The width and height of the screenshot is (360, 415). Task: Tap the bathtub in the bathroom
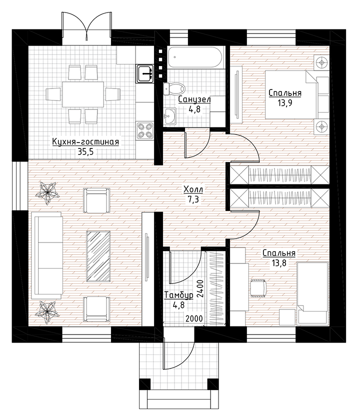pyautogui.click(x=196, y=57)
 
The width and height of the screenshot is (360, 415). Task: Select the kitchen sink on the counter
pyautogui.click(x=145, y=73)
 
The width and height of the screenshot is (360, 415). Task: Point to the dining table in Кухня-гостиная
pyautogui.click(x=82, y=94)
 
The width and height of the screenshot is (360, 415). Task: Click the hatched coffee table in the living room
pyautogui.click(x=98, y=255)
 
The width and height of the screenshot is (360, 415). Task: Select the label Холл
pyautogui.click(x=193, y=189)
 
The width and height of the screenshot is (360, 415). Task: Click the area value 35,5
pyautogui.click(x=86, y=151)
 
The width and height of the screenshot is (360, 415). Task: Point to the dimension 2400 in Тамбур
pyautogui.click(x=200, y=289)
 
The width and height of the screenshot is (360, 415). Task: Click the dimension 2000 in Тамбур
pyautogui.click(x=194, y=318)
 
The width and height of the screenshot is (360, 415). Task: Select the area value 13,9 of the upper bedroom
pyautogui.click(x=284, y=102)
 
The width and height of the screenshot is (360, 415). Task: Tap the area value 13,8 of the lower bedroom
pyautogui.click(x=279, y=263)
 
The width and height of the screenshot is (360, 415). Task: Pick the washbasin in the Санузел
pyautogui.click(x=170, y=116)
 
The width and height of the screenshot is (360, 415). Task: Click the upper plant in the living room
pyautogui.click(x=47, y=193)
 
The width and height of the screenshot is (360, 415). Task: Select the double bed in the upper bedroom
pyautogui.click(x=297, y=94)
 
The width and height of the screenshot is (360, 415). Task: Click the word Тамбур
pyautogui.click(x=178, y=295)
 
